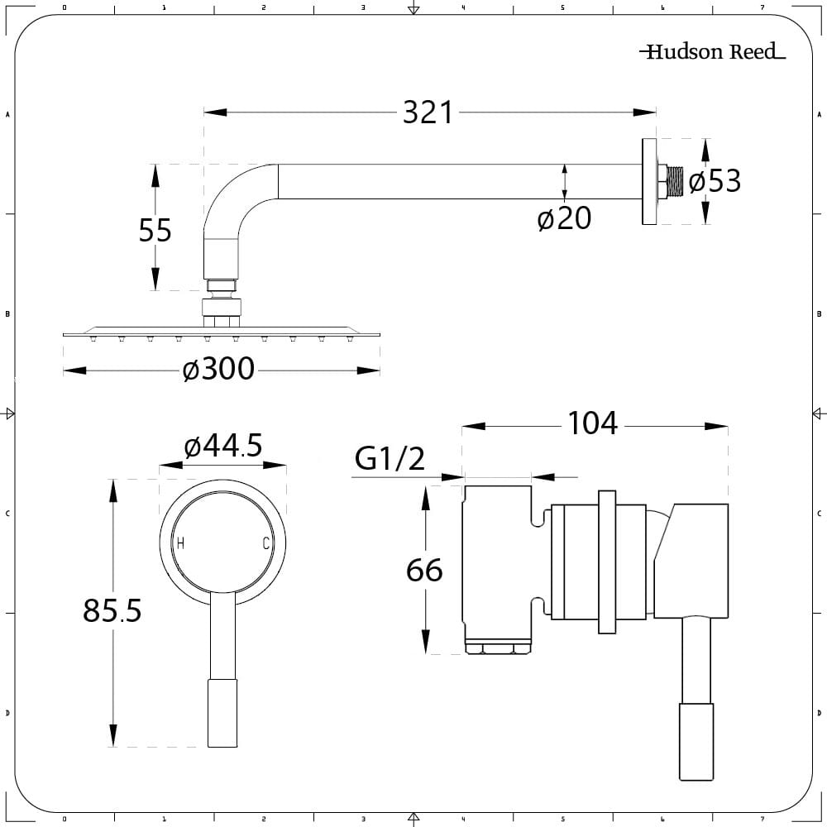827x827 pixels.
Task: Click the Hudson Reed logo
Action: point(712,52)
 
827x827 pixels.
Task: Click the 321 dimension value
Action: point(428,112)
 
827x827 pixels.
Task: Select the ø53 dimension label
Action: point(715,180)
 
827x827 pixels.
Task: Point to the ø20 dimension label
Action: point(564,219)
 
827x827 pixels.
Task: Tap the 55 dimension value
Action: point(155,230)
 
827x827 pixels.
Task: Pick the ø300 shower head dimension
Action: point(219,370)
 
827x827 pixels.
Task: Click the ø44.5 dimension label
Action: point(223,447)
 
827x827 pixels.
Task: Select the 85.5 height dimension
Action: point(112,611)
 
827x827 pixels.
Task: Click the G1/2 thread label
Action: point(390,457)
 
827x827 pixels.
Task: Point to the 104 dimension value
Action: point(592,423)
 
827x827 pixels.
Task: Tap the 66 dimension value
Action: point(424,570)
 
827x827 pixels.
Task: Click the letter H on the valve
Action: point(180,543)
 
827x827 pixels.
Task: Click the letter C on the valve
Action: point(265,543)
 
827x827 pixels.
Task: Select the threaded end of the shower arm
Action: point(676,182)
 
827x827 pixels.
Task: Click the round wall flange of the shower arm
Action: point(648,181)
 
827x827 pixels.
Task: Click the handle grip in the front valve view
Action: point(222,712)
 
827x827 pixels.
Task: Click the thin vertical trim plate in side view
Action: point(607,562)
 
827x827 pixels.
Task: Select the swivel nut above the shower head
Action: point(222,308)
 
